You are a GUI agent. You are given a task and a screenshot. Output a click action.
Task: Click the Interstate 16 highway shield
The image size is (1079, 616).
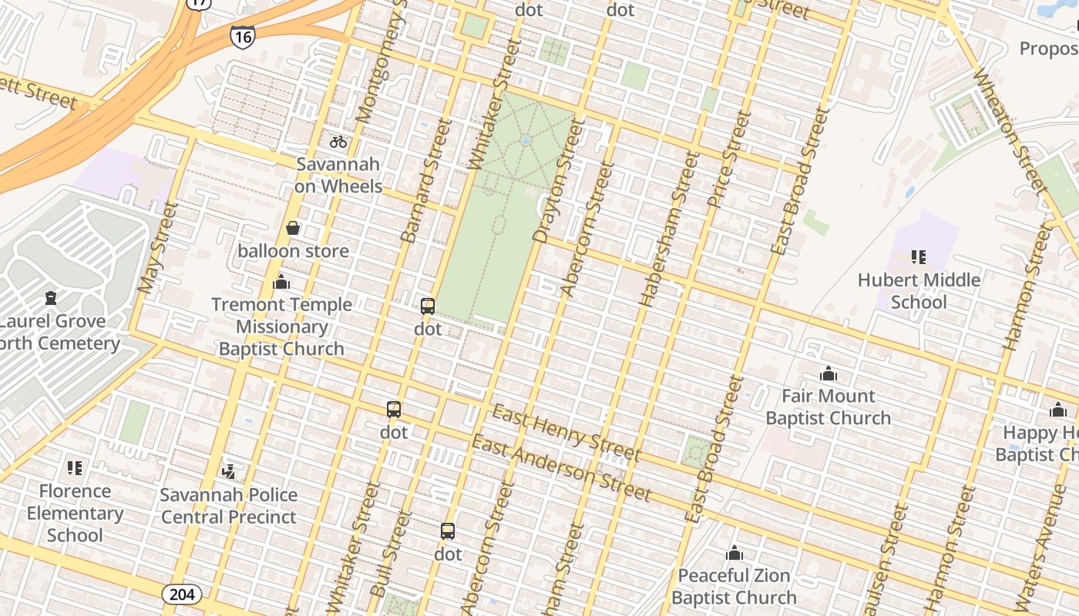coord(242,36)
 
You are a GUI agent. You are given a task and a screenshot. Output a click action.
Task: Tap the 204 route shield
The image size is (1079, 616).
coord(182,594)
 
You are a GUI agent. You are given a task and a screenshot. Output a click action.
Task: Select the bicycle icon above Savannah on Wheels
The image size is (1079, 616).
coord(338,142)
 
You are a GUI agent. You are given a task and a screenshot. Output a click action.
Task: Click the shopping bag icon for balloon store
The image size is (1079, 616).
coord(293,228)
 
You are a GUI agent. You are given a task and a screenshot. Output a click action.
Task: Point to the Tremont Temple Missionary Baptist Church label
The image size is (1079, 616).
coord(281,326)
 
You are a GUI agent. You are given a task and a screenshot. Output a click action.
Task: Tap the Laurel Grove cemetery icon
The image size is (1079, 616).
coord(51,297)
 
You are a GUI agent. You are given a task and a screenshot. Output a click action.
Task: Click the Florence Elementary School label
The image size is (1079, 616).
coord(75,513)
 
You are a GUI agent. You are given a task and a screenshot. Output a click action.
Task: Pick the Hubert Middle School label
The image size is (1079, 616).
coord(919,290)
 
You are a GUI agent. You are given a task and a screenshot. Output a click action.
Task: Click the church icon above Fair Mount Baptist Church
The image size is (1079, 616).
coord(829,374)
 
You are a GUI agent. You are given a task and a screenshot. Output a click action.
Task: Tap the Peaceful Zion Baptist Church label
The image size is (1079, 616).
coord(734,586)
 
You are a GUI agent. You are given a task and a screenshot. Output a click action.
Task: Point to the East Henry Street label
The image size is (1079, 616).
coord(566,432)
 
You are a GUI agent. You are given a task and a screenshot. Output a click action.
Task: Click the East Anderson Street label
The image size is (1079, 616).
coord(562,467)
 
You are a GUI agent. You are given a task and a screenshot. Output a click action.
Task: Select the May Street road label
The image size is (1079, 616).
coord(157,248)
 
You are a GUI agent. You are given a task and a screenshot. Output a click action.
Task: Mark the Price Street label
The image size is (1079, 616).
coord(728,159)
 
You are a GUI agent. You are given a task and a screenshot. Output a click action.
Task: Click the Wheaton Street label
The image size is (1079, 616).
coord(1010,131)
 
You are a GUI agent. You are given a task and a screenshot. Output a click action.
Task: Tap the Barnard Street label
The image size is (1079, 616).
coord(425,182)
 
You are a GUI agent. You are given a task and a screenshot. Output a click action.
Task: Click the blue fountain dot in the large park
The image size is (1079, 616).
coord(526,141)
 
